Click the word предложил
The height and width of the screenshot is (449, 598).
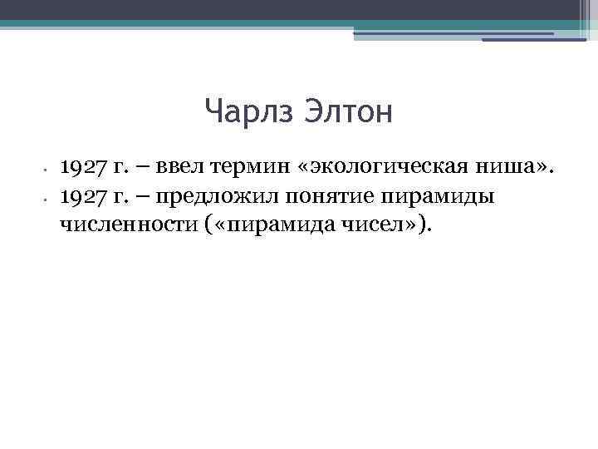click(x=221, y=197)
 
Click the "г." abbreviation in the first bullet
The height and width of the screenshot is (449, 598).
click(x=123, y=170)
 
